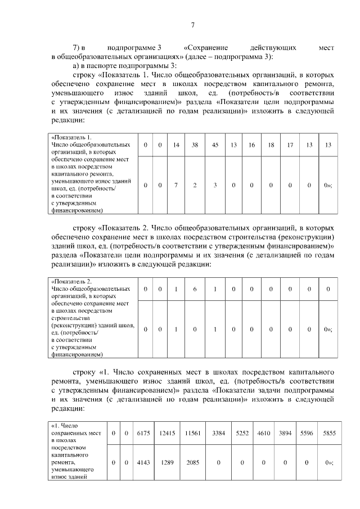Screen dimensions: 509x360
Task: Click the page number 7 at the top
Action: click(193, 25)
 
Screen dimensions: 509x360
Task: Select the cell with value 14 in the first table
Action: click(176, 145)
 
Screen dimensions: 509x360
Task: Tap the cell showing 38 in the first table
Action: click(195, 145)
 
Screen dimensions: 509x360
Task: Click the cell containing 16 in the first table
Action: click(251, 145)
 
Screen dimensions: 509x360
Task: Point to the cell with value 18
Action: click(271, 145)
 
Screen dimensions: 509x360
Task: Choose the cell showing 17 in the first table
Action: click(290, 145)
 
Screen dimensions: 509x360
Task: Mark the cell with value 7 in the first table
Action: click(176, 185)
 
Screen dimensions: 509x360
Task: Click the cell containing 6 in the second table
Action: click(195, 289)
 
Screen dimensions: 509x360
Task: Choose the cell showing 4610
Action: click(264, 434)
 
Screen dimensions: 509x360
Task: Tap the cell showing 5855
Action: click(328, 434)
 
